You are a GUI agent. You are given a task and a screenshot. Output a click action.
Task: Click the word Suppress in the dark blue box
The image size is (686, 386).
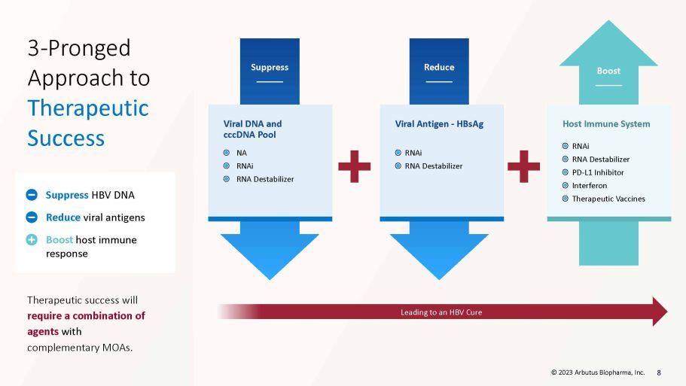click(x=270, y=67)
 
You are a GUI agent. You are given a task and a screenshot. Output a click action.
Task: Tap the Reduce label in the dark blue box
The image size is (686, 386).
click(x=439, y=67)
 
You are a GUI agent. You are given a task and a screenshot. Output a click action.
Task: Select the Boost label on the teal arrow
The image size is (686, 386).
click(x=608, y=71)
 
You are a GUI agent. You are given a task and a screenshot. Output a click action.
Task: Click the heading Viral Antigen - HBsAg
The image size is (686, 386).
click(x=439, y=124)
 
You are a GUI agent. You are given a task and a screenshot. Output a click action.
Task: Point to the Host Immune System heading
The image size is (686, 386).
click(x=606, y=124)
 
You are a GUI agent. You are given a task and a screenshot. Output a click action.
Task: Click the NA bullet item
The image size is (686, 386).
click(x=242, y=153)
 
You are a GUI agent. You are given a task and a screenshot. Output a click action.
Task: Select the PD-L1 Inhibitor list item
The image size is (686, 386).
click(x=598, y=172)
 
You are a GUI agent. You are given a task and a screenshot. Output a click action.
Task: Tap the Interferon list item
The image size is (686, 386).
click(x=590, y=186)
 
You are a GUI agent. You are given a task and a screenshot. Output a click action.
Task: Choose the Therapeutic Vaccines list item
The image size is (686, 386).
click(x=608, y=199)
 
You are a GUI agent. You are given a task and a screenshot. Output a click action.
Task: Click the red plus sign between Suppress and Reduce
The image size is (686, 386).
click(x=355, y=166)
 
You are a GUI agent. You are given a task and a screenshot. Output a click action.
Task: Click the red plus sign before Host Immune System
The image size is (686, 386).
click(x=523, y=166)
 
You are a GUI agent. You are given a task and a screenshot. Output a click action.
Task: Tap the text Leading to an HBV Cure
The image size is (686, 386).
click(x=441, y=312)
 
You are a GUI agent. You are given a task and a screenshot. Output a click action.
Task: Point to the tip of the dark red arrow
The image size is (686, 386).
click(x=668, y=312)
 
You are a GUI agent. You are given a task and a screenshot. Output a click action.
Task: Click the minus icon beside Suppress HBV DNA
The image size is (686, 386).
click(x=32, y=195)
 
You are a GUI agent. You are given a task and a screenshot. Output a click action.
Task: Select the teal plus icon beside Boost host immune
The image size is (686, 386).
click(x=32, y=239)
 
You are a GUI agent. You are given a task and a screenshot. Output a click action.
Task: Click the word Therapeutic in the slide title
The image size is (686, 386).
click(x=88, y=108)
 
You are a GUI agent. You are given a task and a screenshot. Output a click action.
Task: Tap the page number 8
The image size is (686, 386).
click(x=659, y=372)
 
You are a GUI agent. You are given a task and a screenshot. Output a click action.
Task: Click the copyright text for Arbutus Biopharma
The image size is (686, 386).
click(x=598, y=372)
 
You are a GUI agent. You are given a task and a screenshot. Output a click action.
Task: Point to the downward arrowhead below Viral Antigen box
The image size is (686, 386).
click(x=439, y=257)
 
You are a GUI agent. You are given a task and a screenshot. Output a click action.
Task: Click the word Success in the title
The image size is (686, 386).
click(x=66, y=138)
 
